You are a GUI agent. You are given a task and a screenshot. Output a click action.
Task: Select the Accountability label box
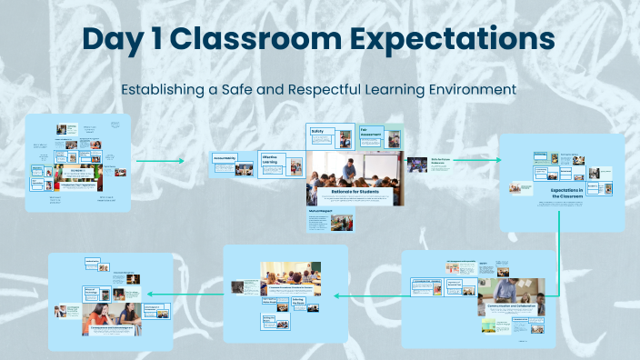(x=225, y=157)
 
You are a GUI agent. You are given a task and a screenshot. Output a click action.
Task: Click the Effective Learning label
(x=270, y=160)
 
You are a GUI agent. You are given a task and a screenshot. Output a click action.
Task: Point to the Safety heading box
(x=318, y=132)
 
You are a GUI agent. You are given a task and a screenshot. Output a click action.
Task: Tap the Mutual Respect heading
(x=320, y=210)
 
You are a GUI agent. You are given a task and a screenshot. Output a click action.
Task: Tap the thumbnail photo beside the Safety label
(x=345, y=139)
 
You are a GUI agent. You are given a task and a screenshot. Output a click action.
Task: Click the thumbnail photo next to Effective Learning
(x=294, y=166)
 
